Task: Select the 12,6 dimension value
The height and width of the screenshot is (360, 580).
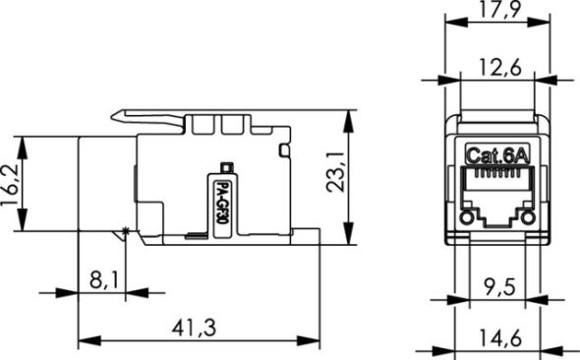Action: [497, 67]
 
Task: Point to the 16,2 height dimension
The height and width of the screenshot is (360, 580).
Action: [11, 184]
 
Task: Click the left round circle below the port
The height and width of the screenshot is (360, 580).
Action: [466, 217]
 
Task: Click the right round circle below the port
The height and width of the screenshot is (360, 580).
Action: [528, 217]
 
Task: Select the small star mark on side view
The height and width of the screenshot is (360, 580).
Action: [123, 231]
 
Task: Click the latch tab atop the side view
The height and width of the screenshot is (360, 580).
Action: [147, 117]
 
